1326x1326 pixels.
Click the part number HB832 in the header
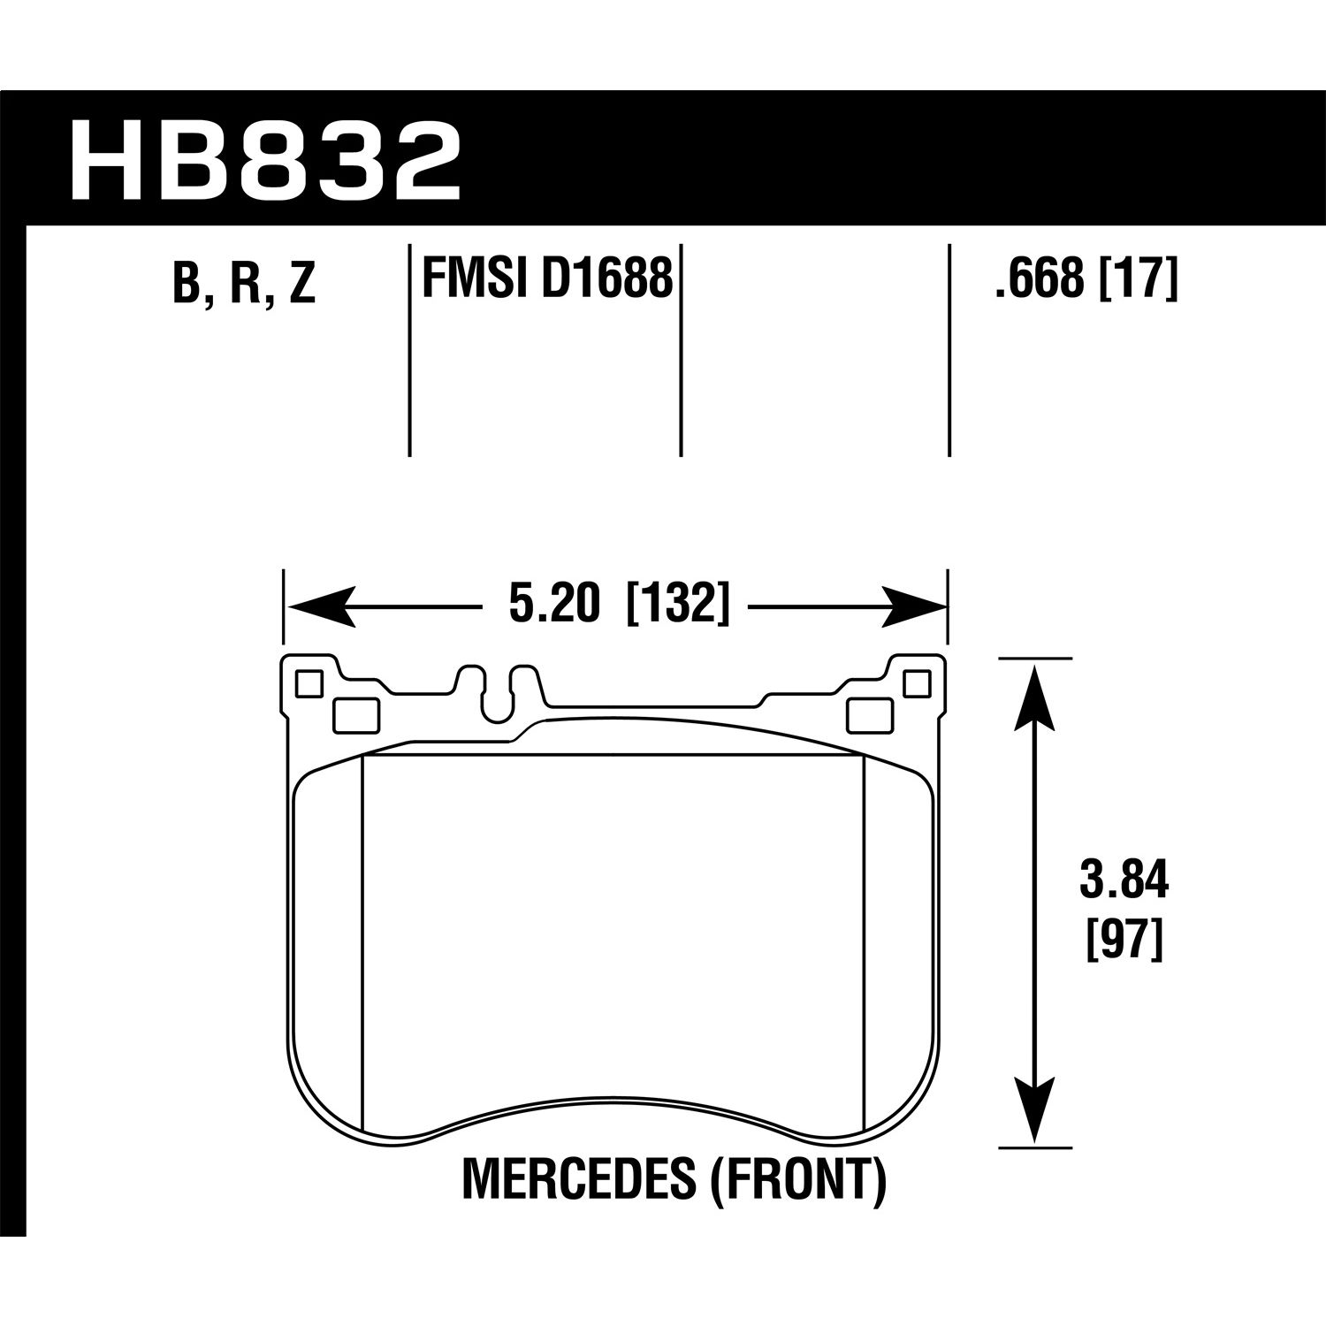pyautogui.click(x=264, y=161)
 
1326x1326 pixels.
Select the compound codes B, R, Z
pyautogui.click(x=244, y=283)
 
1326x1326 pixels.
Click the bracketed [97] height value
pyautogui.click(x=1123, y=939)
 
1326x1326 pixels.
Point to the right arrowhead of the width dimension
pyautogui.click(x=914, y=607)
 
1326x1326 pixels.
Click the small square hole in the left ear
pyautogui.click(x=308, y=683)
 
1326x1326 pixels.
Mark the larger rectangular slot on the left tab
pyautogui.click(x=355, y=715)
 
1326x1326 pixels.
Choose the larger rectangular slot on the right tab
pyautogui.click(x=868, y=715)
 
